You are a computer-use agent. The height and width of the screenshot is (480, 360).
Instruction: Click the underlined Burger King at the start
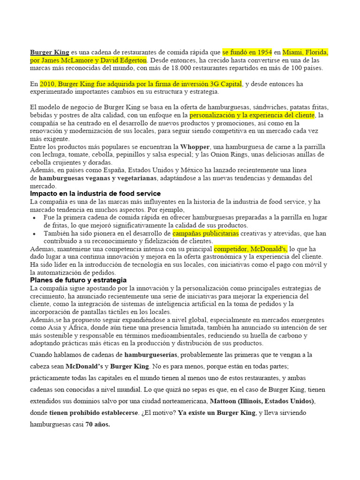(49, 52)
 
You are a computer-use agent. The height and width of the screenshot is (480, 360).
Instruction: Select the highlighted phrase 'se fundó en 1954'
(247, 52)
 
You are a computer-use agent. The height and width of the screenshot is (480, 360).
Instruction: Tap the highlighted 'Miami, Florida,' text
(305, 52)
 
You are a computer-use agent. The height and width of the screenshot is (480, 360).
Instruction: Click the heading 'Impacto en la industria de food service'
(95, 194)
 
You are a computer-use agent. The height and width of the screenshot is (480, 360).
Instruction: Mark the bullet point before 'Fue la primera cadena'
(36, 218)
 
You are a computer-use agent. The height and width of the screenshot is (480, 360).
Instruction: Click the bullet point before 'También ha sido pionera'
(36, 233)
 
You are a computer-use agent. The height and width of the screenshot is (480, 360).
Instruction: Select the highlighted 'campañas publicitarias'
(205, 233)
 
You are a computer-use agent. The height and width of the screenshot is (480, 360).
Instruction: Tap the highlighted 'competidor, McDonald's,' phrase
(250, 249)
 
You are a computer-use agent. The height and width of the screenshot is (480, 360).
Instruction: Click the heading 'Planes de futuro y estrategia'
(78, 280)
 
